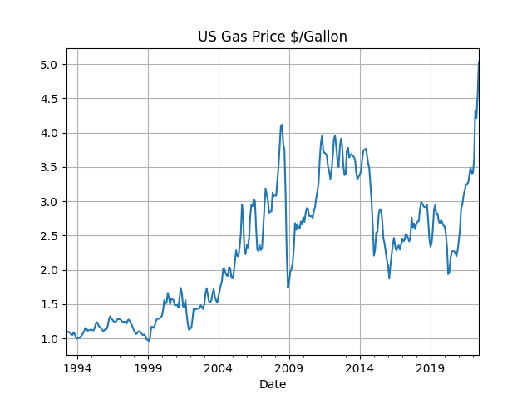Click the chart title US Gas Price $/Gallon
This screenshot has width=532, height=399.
[273, 37]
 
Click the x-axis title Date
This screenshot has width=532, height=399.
[273, 384]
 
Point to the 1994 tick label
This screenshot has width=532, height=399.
[78, 367]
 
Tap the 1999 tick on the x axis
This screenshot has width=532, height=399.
[149, 367]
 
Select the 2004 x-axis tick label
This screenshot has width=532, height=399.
[219, 367]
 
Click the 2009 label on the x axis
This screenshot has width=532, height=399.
[289, 367]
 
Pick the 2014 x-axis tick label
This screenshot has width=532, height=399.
[359, 367]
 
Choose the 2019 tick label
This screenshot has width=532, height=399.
[430, 367]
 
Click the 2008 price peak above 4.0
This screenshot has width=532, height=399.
[282, 126]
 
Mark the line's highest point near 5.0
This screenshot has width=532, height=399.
[478, 62]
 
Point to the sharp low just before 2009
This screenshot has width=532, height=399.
[288, 287]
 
